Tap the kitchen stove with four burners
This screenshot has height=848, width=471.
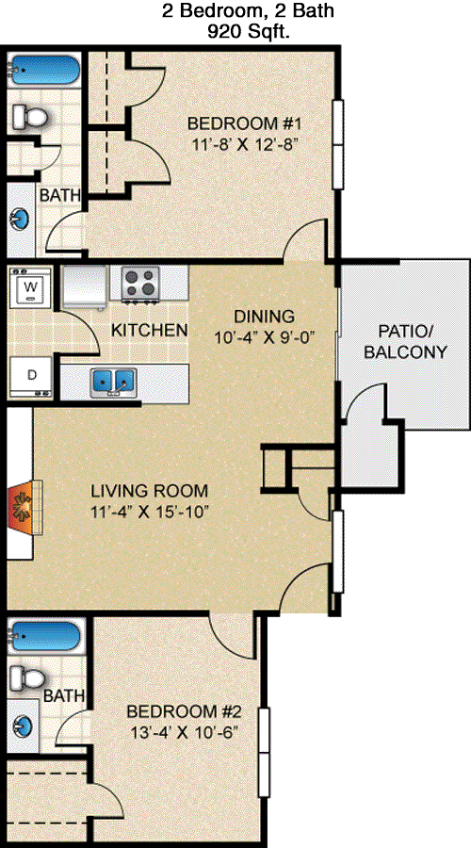pyautogui.click(x=141, y=283)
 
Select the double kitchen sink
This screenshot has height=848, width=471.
pyautogui.click(x=113, y=381)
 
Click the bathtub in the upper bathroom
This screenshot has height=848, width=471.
pyautogui.click(x=43, y=69)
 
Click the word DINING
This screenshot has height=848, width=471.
pyautogui.click(x=264, y=316)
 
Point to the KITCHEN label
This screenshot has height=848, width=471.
pyautogui.click(x=149, y=330)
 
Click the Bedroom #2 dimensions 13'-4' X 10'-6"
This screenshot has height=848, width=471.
pyautogui.click(x=185, y=733)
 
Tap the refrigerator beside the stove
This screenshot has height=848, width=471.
pyautogui.click(x=84, y=286)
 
